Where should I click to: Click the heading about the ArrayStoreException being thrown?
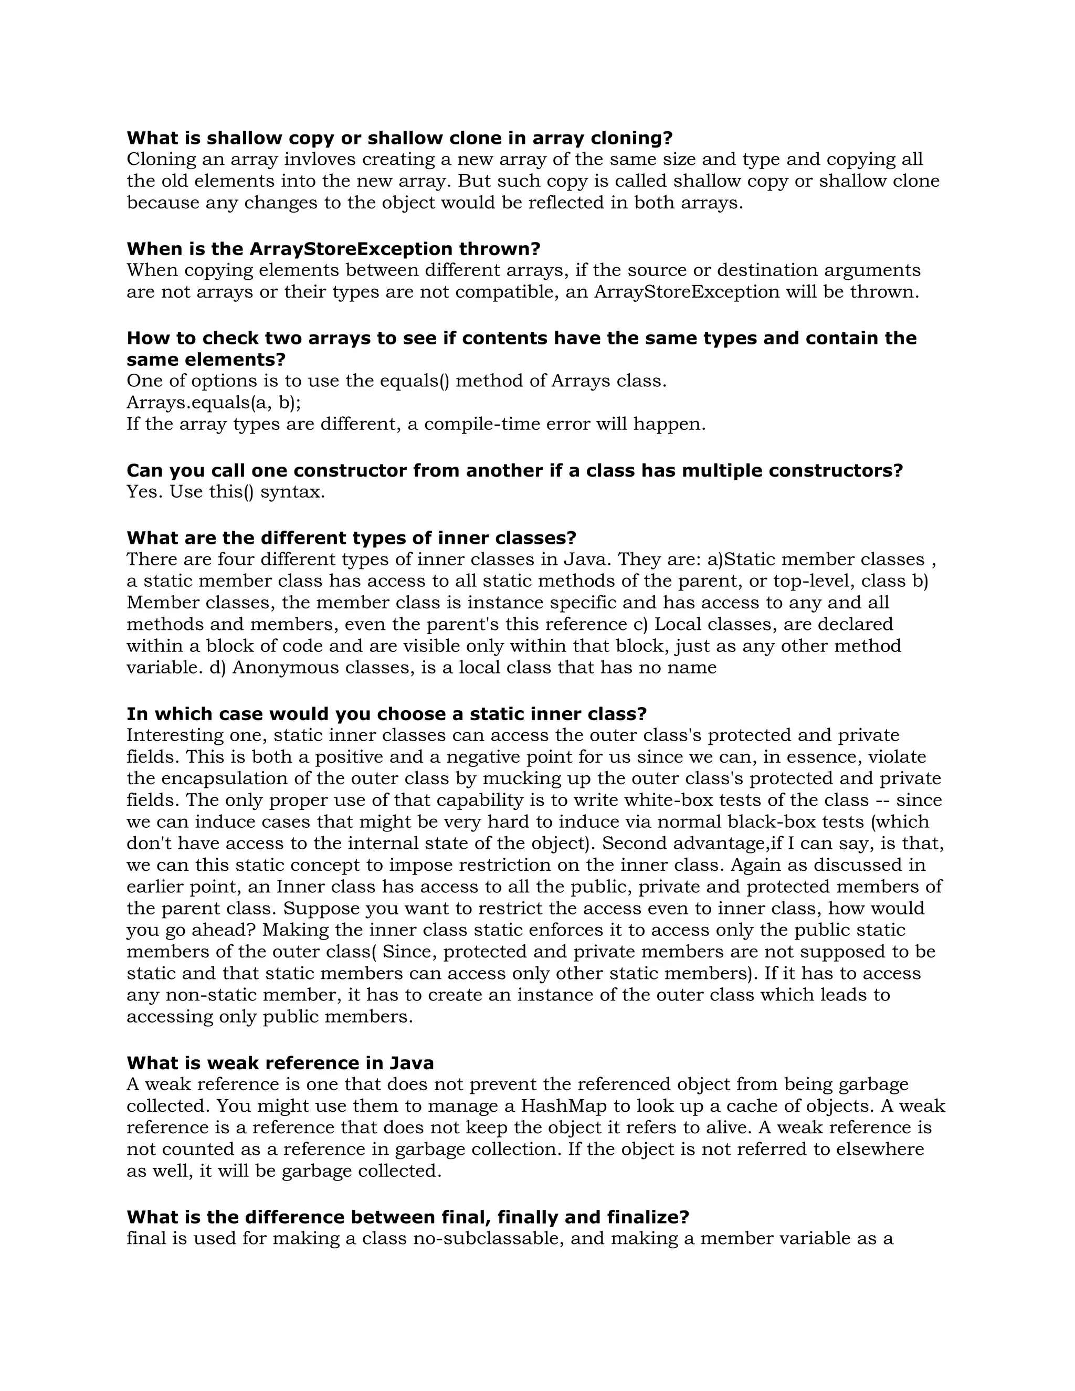click(333, 248)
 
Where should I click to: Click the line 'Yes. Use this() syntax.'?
click(225, 492)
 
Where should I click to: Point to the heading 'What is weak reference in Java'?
click(280, 1063)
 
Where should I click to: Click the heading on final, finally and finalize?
click(407, 1217)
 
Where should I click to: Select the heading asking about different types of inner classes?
click(351, 538)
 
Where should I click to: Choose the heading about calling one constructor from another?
click(514, 471)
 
